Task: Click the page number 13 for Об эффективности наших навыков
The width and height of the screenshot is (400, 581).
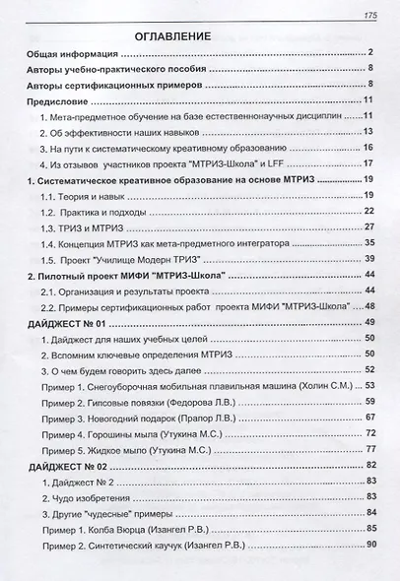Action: tap(366, 130)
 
